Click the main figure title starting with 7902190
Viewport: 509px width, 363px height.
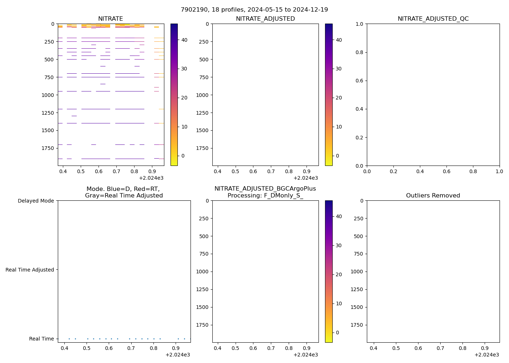(254, 10)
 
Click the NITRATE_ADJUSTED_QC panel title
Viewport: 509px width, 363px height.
(433, 19)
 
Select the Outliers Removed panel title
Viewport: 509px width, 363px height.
(433, 196)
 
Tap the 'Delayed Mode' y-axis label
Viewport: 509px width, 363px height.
(36, 201)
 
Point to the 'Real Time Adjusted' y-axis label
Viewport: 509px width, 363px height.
(30, 270)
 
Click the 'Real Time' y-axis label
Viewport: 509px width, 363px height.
(41, 339)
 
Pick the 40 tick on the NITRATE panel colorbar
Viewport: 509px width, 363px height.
(184, 40)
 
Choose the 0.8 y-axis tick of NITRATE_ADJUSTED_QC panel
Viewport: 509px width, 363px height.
(360, 52)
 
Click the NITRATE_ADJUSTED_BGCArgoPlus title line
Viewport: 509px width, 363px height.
(265, 189)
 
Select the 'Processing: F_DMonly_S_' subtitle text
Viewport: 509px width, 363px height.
(265, 196)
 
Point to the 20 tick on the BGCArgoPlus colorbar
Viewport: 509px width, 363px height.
(338, 274)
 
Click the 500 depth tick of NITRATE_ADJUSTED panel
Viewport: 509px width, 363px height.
(203, 60)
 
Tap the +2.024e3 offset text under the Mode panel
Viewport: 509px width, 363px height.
(177, 355)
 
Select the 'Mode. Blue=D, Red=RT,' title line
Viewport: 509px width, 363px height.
(123, 189)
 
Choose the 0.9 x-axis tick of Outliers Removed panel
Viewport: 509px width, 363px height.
(485, 348)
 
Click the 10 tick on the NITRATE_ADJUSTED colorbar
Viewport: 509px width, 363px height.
(338, 127)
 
